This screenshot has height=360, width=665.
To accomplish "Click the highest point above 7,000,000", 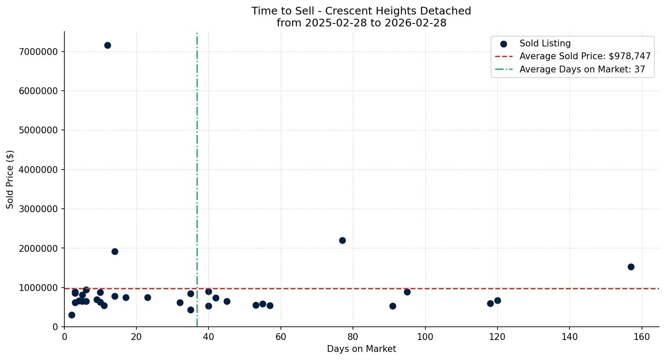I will pyautogui.click(x=107, y=45).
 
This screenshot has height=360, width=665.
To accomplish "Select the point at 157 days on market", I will pyautogui.click(x=631, y=267).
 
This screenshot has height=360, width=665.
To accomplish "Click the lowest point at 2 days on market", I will pyautogui.click(x=72, y=315).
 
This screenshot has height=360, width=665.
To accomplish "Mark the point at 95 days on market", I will pyautogui.click(x=407, y=292).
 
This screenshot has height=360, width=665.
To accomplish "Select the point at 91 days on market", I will pyautogui.click(x=393, y=306).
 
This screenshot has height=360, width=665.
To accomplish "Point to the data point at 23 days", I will pyautogui.click(x=147, y=297).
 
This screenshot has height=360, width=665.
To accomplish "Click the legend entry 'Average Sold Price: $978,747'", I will pyautogui.click(x=585, y=56).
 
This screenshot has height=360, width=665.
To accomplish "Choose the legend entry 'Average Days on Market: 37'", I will pyautogui.click(x=582, y=69).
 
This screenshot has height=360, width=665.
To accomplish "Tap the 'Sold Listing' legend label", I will pyautogui.click(x=545, y=43).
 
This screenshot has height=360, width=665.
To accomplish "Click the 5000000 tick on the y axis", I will pyautogui.click(x=38, y=130).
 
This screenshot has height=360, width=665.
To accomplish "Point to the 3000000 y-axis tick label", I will pyautogui.click(x=38, y=209).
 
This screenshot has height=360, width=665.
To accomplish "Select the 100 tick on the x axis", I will pyautogui.click(x=425, y=337).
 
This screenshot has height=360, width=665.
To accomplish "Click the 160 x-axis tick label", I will pyautogui.click(x=642, y=337).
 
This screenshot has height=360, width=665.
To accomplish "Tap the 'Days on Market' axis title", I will pyautogui.click(x=361, y=349).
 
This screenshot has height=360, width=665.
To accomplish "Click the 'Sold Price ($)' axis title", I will pyautogui.click(x=10, y=179).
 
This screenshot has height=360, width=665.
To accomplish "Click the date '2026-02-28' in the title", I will pyautogui.click(x=415, y=23).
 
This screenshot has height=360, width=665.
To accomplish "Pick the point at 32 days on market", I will pyautogui.click(x=180, y=302).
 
